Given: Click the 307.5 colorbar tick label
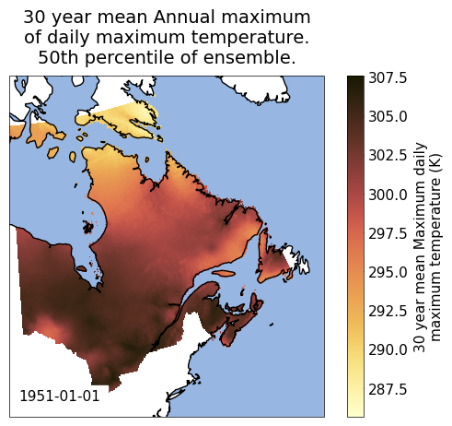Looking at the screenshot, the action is pyautogui.click(x=388, y=77).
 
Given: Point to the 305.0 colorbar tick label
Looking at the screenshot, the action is pyautogui.click(x=388, y=117).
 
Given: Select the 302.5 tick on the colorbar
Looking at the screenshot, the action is pyautogui.click(x=388, y=156).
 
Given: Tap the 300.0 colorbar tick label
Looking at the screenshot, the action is pyautogui.click(x=388, y=195).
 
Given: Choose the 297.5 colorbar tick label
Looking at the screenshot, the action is pyautogui.click(x=388, y=233).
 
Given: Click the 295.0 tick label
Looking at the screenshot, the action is pyautogui.click(x=388, y=272).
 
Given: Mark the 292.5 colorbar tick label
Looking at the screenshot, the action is pyautogui.click(x=388, y=312).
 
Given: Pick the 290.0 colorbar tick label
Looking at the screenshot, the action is pyautogui.click(x=388, y=350).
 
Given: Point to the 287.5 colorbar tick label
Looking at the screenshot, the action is pyautogui.click(x=388, y=389).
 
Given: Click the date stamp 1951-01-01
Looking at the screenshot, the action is pyautogui.click(x=60, y=396).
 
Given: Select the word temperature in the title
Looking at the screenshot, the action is pyautogui.click(x=249, y=38).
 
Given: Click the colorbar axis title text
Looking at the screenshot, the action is pyautogui.click(x=427, y=246).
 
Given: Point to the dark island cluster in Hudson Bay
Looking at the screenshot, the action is pyautogui.click(x=88, y=228).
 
